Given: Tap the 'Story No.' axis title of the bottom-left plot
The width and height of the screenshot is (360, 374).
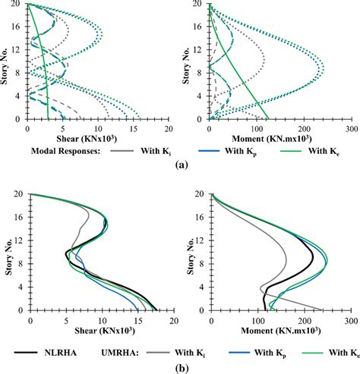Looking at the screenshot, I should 7,251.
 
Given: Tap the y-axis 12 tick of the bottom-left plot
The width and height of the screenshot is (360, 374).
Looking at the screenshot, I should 22,240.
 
